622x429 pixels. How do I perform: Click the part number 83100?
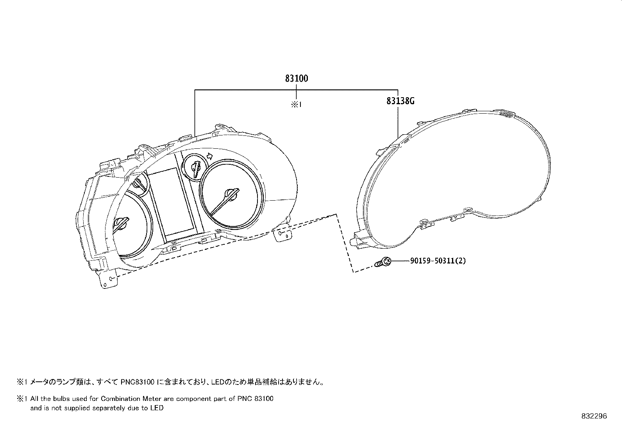(296, 78)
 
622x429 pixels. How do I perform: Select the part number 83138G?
(400, 101)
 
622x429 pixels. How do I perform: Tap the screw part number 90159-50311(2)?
(438, 261)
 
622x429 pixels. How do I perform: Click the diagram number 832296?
(594, 416)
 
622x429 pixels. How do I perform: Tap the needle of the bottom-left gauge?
(122, 225)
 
